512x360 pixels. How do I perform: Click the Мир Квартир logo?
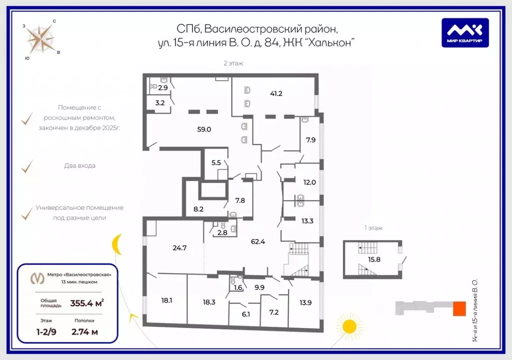tap(465, 32)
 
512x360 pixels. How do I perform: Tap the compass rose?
tap(41, 40)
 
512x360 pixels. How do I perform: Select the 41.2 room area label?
tap(276, 93)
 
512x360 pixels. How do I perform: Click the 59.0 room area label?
tap(204, 129)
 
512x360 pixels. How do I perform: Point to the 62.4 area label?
tap(258, 241)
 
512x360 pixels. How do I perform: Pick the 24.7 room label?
tap(179, 248)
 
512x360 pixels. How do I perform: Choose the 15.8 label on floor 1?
tap(374, 259)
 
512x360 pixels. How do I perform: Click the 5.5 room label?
tap(216, 162)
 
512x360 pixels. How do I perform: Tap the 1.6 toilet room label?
tap(238, 287)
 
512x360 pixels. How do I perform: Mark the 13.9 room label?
tap(305, 303)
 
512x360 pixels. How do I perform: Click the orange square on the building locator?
tap(459, 308)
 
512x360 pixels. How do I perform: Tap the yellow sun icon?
tap(349, 326)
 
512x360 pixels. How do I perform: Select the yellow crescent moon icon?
tap(116, 244)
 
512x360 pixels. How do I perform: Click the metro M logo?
tap(37, 278)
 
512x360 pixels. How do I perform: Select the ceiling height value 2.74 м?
tap(85, 332)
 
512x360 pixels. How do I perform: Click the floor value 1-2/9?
tap(46, 332)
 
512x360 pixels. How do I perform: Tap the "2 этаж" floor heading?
tap(233, 63)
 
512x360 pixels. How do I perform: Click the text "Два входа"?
tap(79, 165)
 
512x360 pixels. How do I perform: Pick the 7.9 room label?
tap(311, 140)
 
